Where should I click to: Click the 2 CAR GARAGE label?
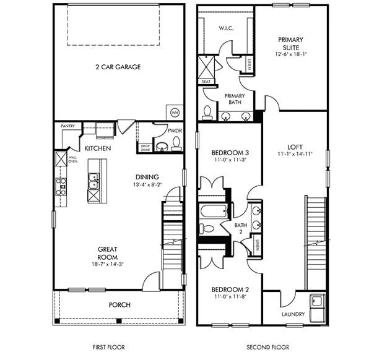click(x=118, y=67)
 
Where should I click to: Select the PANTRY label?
click(x=68, y=126)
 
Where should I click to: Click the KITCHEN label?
click(x=98, y=149)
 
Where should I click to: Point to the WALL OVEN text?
click(x=72, y=160)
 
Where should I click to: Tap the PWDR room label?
click(x=174, y=131)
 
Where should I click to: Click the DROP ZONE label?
click(x=145, y=148)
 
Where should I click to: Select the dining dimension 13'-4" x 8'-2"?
click(x=147, y=184)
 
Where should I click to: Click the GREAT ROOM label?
click(x=107, y=253)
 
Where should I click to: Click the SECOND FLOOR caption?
click(x=267, y=348)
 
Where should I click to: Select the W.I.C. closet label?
click(x=226, y=28)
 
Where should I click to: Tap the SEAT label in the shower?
click(x=206, y=81)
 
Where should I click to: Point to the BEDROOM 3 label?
click(x=230, y=153)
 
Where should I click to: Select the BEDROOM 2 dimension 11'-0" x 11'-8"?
click(x=230, y=297)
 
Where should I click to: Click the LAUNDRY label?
click(x=293, y=314)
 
